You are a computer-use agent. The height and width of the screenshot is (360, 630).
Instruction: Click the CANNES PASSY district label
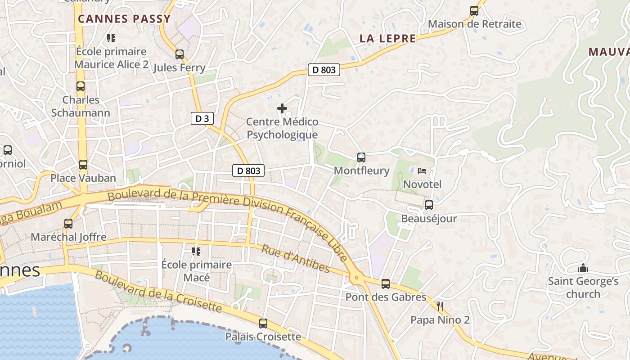124,19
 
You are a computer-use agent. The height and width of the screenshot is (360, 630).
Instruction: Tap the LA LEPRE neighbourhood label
387,39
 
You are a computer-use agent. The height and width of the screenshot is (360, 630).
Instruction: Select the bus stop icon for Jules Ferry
180,54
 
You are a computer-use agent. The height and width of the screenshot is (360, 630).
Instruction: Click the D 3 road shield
202,118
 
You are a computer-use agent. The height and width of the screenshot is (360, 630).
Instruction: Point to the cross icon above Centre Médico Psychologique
282,108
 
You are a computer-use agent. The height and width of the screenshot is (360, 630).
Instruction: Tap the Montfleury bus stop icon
361,157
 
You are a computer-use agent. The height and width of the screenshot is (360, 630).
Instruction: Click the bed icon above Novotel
422,171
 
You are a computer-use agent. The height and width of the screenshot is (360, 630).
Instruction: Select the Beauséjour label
429,219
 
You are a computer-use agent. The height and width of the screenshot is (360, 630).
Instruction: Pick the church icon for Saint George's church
583,268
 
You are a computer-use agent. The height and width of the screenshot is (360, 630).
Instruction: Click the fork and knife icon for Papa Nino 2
440,307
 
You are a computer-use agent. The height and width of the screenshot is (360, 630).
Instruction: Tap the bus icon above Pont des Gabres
386,284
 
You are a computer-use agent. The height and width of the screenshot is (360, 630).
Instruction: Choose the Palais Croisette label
263,337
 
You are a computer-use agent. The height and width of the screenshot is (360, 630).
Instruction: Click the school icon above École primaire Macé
196,251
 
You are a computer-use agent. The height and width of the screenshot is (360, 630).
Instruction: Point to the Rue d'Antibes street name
296,259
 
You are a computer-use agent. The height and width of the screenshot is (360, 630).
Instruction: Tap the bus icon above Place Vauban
83,165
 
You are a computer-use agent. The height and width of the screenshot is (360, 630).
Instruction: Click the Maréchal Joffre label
68,237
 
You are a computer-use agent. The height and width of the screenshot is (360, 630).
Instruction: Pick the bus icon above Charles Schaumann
81,86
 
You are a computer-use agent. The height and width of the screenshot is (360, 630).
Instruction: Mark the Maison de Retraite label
474,24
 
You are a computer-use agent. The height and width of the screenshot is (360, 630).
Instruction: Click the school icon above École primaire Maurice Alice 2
111,38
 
